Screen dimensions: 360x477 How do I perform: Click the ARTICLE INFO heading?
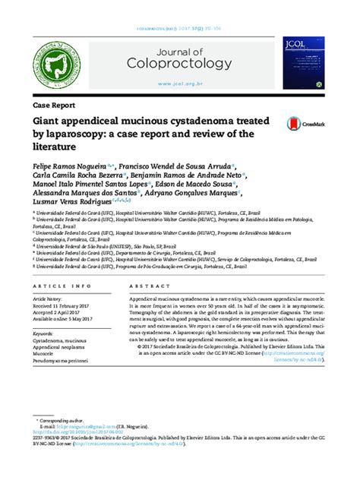55,286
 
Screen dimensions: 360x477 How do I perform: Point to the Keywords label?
46,333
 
